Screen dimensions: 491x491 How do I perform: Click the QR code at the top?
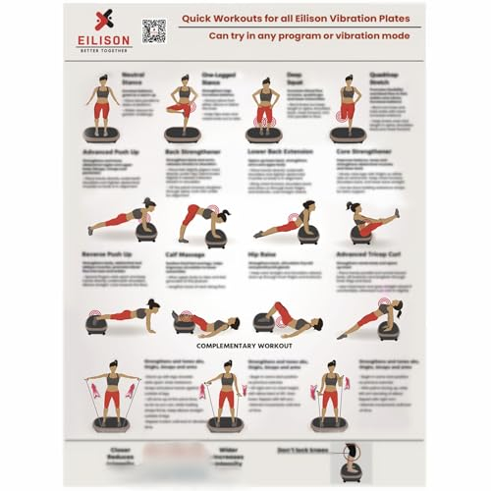tap(154, 30)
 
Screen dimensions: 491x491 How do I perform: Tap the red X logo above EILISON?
tap(104, 21)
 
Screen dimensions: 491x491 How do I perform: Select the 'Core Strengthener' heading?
tap(364, 153)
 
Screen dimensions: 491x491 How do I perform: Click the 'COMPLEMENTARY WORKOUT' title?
tap(243, 347)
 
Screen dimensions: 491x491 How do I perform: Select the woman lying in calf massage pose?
tap(206, 322)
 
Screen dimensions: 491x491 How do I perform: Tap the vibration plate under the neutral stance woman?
tap(102, 135)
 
